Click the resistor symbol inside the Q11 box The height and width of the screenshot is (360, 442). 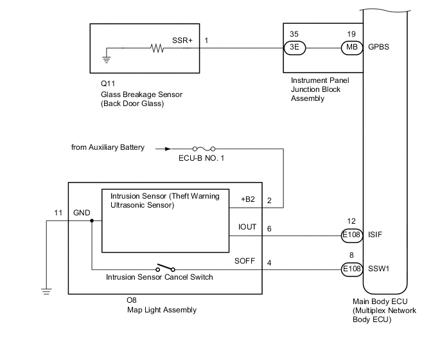[x=157, y=48]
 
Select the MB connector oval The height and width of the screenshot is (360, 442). [x=351, y=48]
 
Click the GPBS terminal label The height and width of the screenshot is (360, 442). [x=379, y=48]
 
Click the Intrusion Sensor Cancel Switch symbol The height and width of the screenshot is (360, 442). [x=164, y=269]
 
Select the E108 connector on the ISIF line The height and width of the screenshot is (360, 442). [x=351, y=235]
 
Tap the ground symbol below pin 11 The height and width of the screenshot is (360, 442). [x=46, y=291]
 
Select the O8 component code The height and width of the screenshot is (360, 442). [x=132, y=300]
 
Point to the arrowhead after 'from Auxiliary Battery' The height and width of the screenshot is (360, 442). [x=160, y=148]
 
